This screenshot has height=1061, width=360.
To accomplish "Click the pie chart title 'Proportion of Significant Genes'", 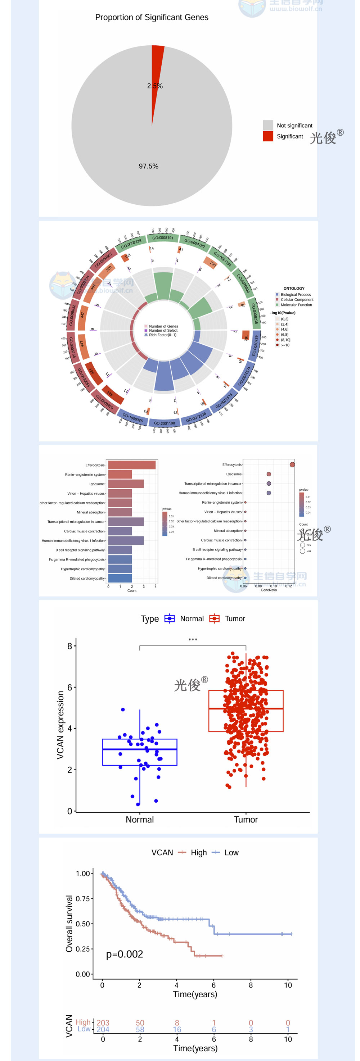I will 152,17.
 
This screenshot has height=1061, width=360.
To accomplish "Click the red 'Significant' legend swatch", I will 268,136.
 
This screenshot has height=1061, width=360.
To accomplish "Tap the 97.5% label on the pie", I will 148,166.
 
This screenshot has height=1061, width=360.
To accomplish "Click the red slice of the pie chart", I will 157,66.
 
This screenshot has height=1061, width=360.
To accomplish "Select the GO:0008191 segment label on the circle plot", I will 163,238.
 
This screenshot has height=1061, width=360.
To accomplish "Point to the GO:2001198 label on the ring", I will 165,423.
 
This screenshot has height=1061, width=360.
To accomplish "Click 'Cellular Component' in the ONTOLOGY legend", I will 297,299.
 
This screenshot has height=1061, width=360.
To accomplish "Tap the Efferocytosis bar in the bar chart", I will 132,465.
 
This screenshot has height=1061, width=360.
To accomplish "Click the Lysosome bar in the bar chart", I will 126,484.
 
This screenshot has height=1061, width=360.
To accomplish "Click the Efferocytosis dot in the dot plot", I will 292,464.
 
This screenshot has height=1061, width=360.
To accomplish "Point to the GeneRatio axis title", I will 269,590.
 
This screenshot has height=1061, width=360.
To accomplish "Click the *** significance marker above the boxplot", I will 193,640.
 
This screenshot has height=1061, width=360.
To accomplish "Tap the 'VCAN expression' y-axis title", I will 60,725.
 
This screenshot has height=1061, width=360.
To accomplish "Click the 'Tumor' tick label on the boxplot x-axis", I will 246,820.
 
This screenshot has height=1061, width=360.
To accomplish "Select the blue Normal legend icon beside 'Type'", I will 169,618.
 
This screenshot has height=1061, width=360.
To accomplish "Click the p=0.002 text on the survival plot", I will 125,954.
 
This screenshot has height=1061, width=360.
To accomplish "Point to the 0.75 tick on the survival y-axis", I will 83,899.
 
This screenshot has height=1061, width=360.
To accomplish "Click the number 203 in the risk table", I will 103,1023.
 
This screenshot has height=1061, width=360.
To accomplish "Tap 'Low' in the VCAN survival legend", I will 231,853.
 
